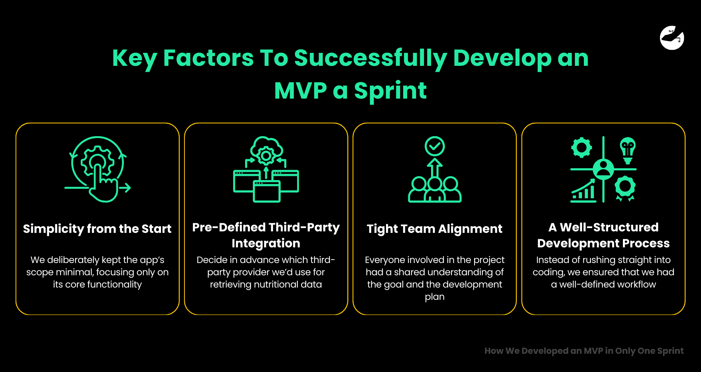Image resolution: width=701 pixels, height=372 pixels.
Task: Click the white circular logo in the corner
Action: tap(672, 38)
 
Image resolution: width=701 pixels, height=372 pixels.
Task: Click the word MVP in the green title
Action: tap(300, 90)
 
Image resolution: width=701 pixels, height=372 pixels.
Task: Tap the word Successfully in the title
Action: tap(370, 58)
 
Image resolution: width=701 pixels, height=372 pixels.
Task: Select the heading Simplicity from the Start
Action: tap(97, 228)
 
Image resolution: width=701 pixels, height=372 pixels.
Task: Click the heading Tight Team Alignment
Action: tap(434, 228)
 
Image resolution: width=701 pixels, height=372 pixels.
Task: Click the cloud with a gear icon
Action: tap(266, 150)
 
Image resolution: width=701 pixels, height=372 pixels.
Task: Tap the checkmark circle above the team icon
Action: tap(434, 146)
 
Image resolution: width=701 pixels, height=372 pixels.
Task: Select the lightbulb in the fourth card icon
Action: tap(627, 150)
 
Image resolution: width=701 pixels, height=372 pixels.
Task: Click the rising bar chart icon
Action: tap(583, 190)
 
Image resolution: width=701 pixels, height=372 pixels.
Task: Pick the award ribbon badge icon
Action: tap(625, 188)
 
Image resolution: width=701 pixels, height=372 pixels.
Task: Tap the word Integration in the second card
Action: tap(266, 243)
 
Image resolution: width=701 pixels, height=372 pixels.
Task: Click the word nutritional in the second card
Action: tap(277, 285)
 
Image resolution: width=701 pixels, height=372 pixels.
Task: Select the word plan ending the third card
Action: tap(434, 297)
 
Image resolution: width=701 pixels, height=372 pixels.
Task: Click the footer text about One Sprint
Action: tap(583, 351)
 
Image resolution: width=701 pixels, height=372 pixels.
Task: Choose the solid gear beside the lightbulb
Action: tap(581, 148)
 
